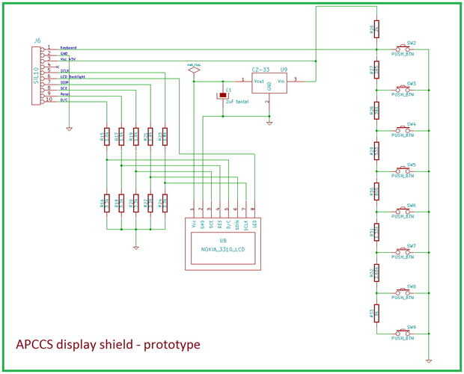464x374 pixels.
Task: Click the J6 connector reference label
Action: (x=37, y=41)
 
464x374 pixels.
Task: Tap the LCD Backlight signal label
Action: (x=73, y=77)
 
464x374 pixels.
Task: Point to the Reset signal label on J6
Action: (x=65, y=93)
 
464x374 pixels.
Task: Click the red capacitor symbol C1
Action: (x=222, y=95)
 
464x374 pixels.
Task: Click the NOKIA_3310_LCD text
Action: (x=223, y=249)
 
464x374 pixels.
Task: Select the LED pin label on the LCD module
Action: (x=255, y=223)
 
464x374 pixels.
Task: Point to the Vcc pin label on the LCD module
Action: (x=193, y=222)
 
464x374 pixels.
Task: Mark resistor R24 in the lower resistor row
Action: (x=165, y=203)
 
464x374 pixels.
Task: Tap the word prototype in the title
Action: (x=173, y=345)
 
